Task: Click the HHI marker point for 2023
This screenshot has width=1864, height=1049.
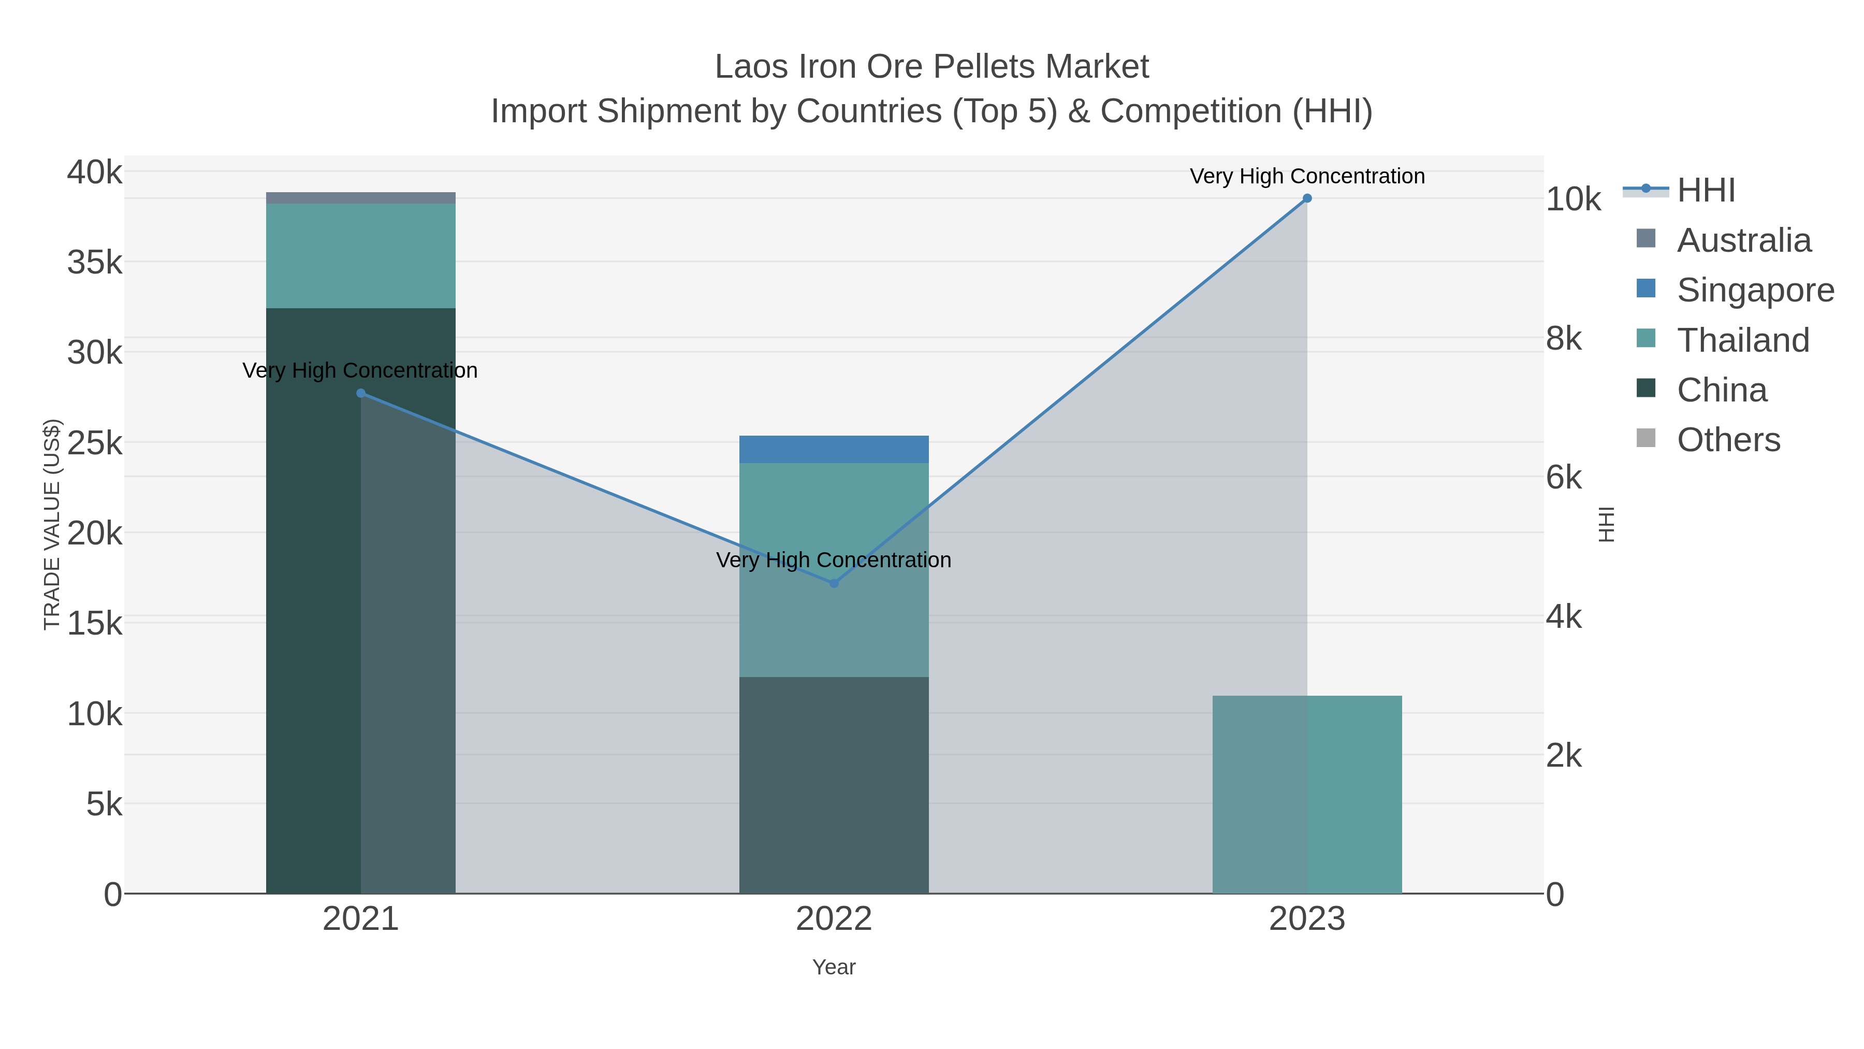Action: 1307,198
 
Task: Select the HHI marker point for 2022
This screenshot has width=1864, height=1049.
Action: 834,583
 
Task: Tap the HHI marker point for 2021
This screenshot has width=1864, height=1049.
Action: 361,393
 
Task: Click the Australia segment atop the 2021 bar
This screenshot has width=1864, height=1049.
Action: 361,198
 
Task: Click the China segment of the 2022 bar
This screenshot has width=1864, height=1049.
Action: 834,785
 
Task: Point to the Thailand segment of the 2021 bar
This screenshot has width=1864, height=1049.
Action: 361,255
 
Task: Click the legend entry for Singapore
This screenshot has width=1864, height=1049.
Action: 1755,290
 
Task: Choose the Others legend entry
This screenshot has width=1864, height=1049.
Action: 1728,440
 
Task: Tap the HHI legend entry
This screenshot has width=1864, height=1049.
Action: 1706,191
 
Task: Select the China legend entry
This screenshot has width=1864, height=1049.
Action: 1722,390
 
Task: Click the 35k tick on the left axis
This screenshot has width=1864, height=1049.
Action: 95,263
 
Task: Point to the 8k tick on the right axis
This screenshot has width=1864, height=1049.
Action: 1564,339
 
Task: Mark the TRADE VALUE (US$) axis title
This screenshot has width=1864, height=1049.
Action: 52,524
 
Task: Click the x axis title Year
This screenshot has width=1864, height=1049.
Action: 834,967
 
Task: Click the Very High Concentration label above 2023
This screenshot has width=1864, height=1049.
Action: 1307,177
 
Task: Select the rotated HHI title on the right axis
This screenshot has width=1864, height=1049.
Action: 1606,524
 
